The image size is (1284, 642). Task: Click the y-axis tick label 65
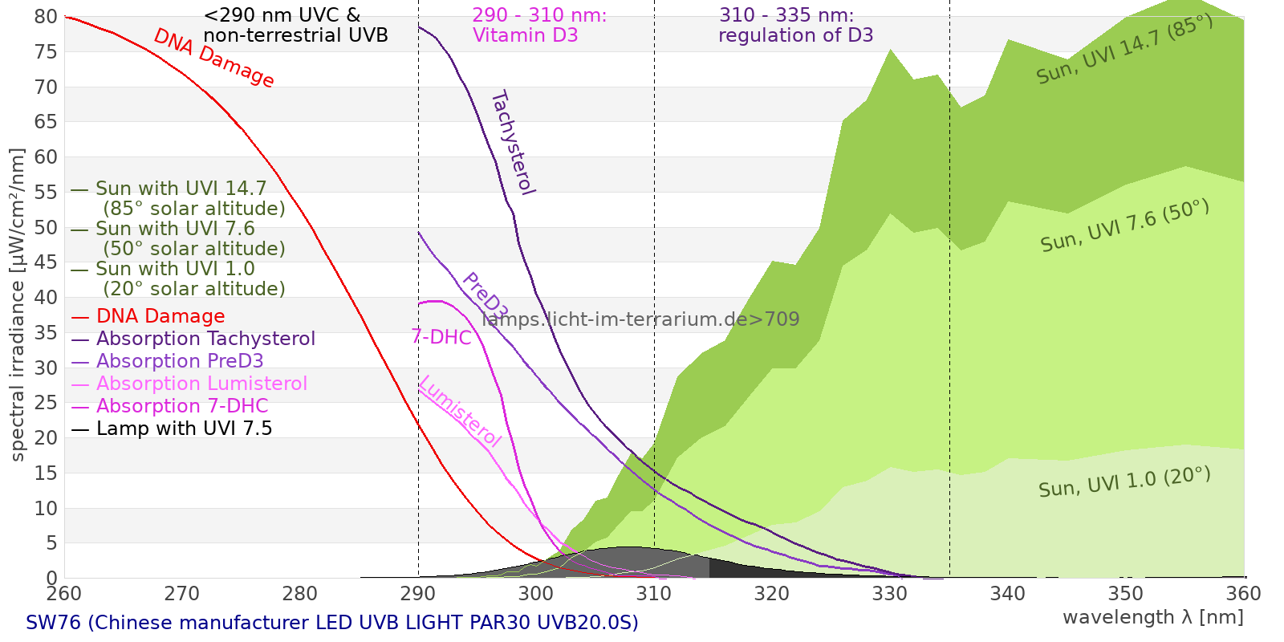pos(47,122)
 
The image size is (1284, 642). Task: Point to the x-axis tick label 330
pos(889,594)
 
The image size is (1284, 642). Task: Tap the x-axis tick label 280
pos(299,594)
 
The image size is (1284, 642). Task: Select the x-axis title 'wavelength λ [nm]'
pos(1152,617)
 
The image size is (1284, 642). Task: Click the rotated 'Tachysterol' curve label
pos(512,143)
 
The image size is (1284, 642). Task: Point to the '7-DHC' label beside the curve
pos(441,337)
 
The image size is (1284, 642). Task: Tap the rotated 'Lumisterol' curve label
pos(460,411)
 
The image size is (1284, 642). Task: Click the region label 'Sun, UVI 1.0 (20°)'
pos(1124,482)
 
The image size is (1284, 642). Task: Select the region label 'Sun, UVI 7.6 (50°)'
pos(1124,226)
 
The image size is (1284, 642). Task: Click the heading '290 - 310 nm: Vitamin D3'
pos(538,26)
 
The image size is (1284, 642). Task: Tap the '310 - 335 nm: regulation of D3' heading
pos(794,26)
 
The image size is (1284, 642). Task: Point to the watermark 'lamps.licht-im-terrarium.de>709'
pos(640,319)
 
